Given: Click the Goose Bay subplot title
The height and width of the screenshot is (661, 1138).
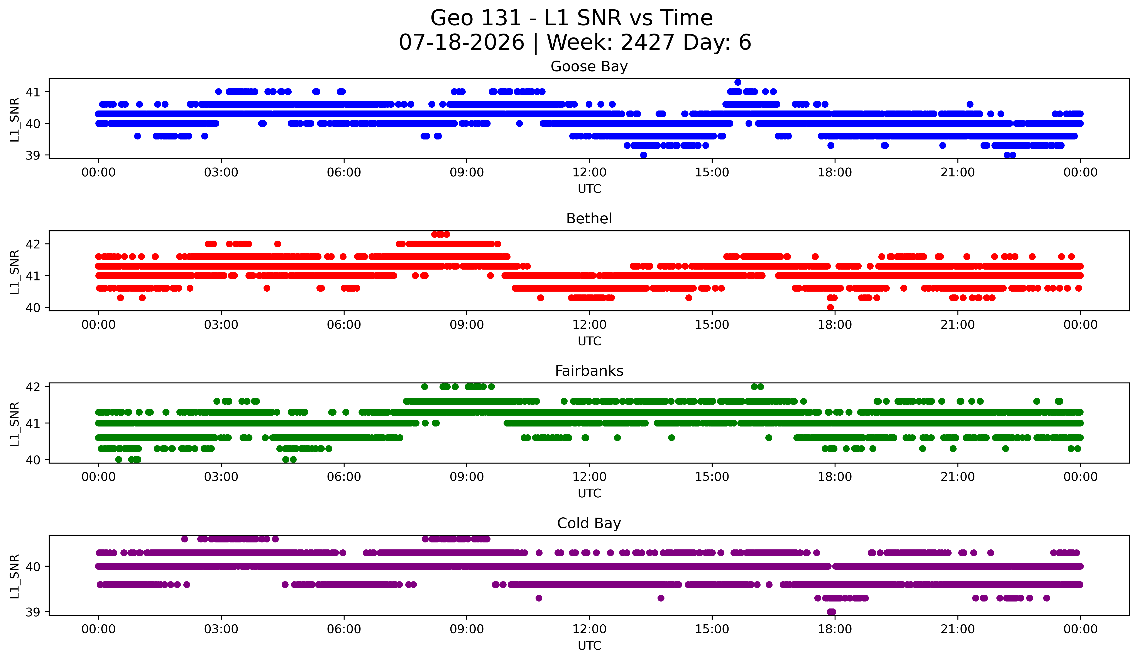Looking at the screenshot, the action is coord(589,66).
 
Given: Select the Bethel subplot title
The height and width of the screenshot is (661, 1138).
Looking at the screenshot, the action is coord(589,219).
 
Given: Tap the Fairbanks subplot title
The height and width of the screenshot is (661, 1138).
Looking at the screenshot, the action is coord(589,371).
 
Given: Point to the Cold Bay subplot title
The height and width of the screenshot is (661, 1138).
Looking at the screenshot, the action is coord(589,523).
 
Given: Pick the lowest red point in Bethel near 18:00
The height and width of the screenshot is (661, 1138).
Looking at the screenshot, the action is coord(830,307).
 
